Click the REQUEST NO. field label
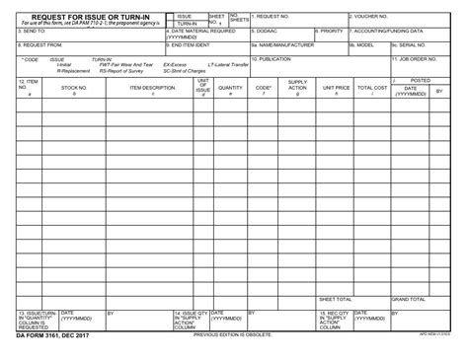(272, 17)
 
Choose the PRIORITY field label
(332, 31)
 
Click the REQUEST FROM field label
(40, 44)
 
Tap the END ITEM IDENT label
(190, 44)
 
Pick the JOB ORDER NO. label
(419, 58)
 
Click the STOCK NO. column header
(74, 88)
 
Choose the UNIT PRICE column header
(336, 88)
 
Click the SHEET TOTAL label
(336, 299)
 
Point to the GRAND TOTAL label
(409, 299)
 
